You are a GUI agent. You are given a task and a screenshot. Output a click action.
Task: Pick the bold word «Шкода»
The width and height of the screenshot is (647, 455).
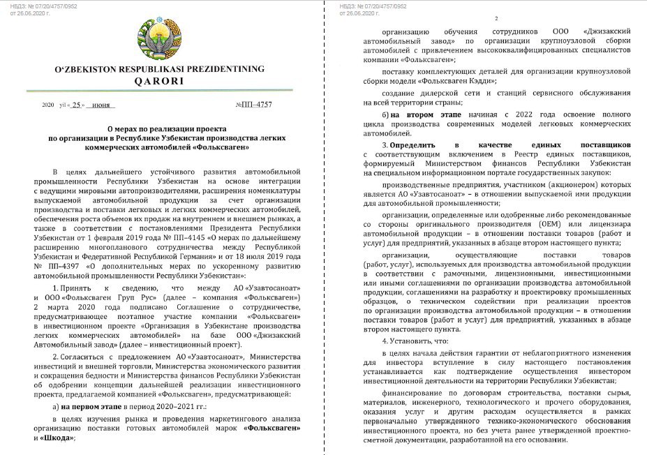click(x=47, y=440)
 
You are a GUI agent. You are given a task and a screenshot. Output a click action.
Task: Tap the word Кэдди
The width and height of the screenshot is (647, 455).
click(x=477, y=81)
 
